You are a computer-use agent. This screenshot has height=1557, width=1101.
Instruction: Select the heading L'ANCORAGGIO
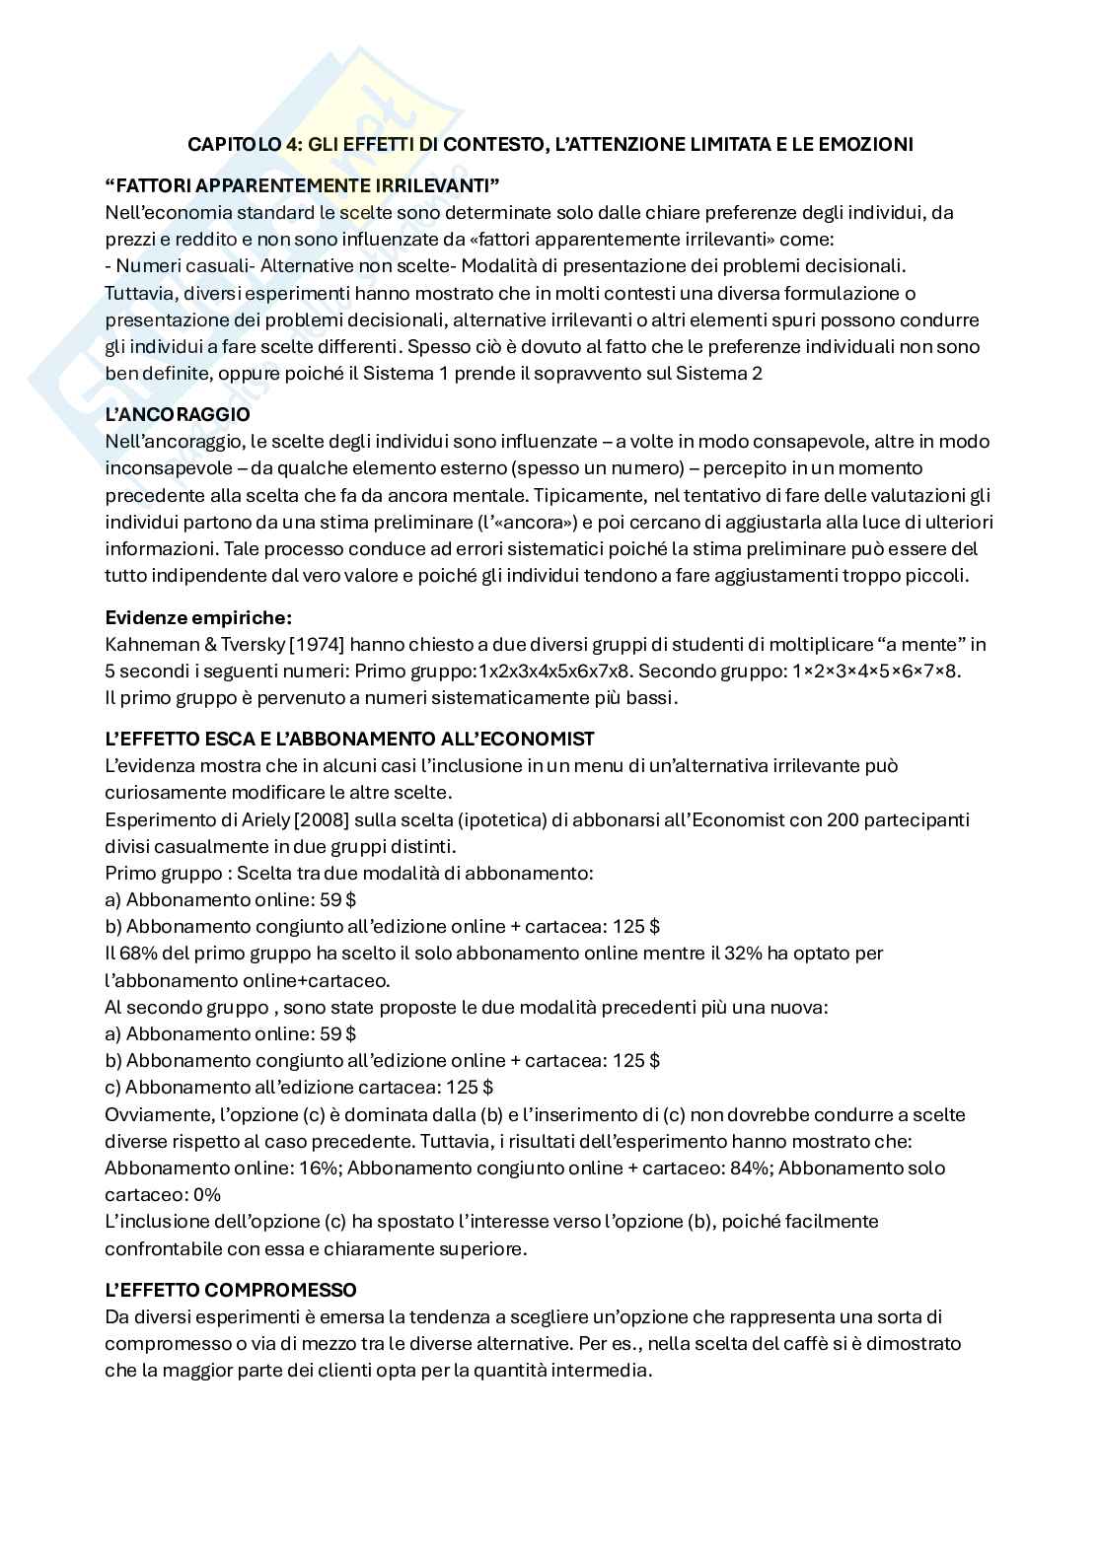click(178, 414)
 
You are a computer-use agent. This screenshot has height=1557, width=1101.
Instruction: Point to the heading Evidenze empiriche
click(198, 618)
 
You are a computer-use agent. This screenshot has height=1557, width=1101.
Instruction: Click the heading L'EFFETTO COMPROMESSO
click(231, 1290)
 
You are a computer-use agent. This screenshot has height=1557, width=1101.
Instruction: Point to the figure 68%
click(142, 954)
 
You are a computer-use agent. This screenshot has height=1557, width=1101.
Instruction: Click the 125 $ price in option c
click(468, 1088)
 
